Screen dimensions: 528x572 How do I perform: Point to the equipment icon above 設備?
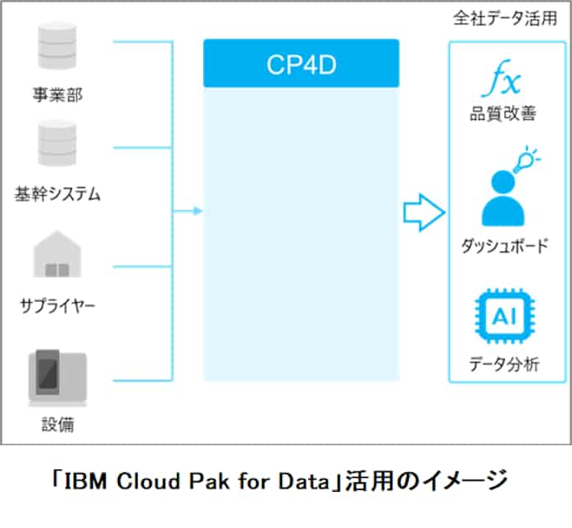tap(57, 377)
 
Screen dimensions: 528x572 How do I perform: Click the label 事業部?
tap(57, 96)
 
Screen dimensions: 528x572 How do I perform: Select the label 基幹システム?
tap(57, 194)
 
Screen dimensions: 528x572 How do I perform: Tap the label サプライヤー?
tap(57, 307)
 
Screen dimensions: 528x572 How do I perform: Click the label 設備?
tap(57, 424)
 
